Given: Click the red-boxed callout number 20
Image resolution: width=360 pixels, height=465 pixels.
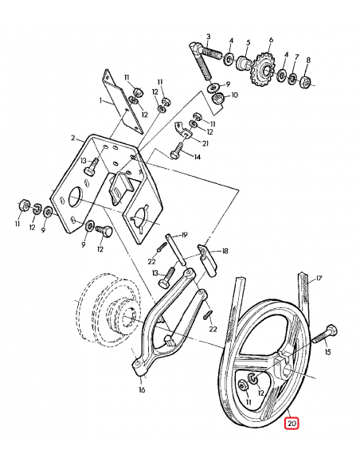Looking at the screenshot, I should (292, 424).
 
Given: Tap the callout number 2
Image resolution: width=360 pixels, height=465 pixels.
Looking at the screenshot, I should (72, 138).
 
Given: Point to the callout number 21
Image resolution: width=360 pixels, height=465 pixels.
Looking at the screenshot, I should (205, 143).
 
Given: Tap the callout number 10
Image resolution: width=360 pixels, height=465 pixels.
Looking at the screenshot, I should (234, 96).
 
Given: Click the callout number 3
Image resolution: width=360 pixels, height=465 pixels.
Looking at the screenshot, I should (208, 37).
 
